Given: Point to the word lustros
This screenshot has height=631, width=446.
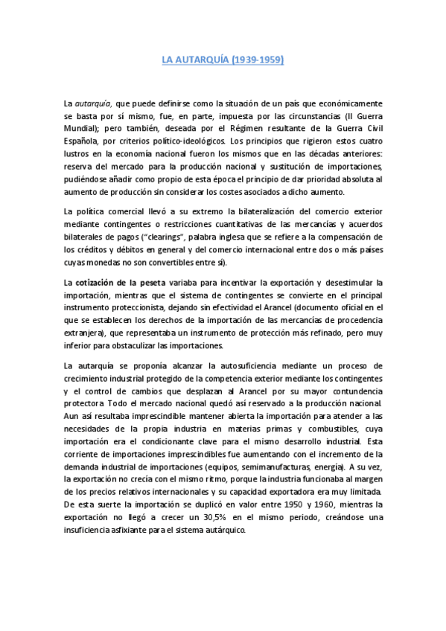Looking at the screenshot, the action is point(79,153).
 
